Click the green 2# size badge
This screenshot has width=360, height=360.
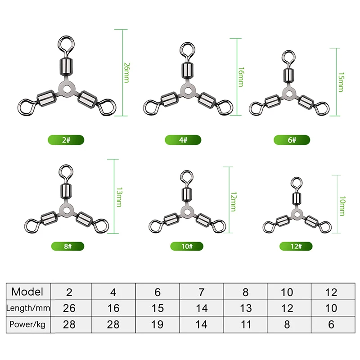click(x=67, y=140)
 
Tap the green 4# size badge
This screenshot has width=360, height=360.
click(x=183, y=140)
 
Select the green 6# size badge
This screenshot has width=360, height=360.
click(x=292, y=140)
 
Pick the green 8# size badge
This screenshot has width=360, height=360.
click(x=67, y=246)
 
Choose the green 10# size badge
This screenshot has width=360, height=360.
click(x=186, y=246)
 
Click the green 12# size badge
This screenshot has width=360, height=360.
click(x=296, y=246)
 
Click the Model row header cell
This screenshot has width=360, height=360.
click(x=28, y=292)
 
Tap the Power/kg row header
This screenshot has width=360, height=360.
click(x=28, y=324)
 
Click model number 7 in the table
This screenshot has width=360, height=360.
click(x=202, y=292)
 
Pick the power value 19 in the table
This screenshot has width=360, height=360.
click(x=157, y=324)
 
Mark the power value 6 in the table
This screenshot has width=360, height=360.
click(x=331, y=324)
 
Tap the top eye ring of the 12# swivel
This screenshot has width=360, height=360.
click(x=296, y=183)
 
